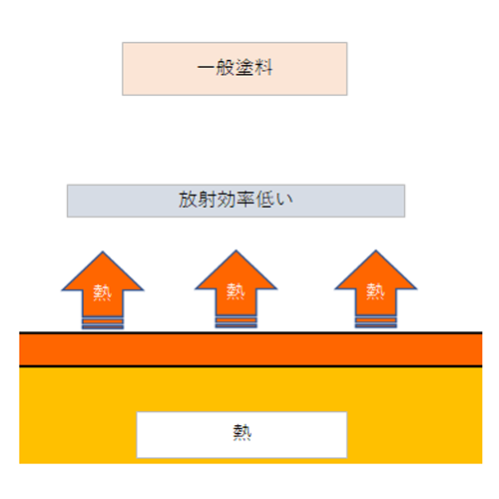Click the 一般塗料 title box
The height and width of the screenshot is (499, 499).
(x=235, y=69)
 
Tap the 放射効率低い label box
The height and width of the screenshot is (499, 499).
(x=236, y=201)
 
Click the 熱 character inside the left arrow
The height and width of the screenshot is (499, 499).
(x=102, y=292)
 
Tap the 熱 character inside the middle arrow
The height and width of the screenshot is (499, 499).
(x=236, y=291)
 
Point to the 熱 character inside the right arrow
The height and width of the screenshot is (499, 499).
(x=375, y=291)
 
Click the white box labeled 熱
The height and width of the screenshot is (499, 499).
(x=242, y=435)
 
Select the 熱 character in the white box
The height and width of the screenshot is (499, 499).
(x=243, y=432)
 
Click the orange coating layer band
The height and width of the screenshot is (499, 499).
(x=250, y=349)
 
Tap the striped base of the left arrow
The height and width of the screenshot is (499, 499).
(x=103, y=323)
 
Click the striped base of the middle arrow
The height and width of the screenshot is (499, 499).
(x=237, y=322)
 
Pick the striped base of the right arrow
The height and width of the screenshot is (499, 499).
(x=376, y=322)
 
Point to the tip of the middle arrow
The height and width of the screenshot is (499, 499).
(x=237, y=250)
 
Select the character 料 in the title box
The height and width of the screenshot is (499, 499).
(x=263, y=67)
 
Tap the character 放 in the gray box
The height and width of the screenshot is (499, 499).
(x=188, y=200)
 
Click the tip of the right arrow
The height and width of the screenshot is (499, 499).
(x=376, y=250)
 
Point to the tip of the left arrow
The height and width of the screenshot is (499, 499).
(x=103, y=251)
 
